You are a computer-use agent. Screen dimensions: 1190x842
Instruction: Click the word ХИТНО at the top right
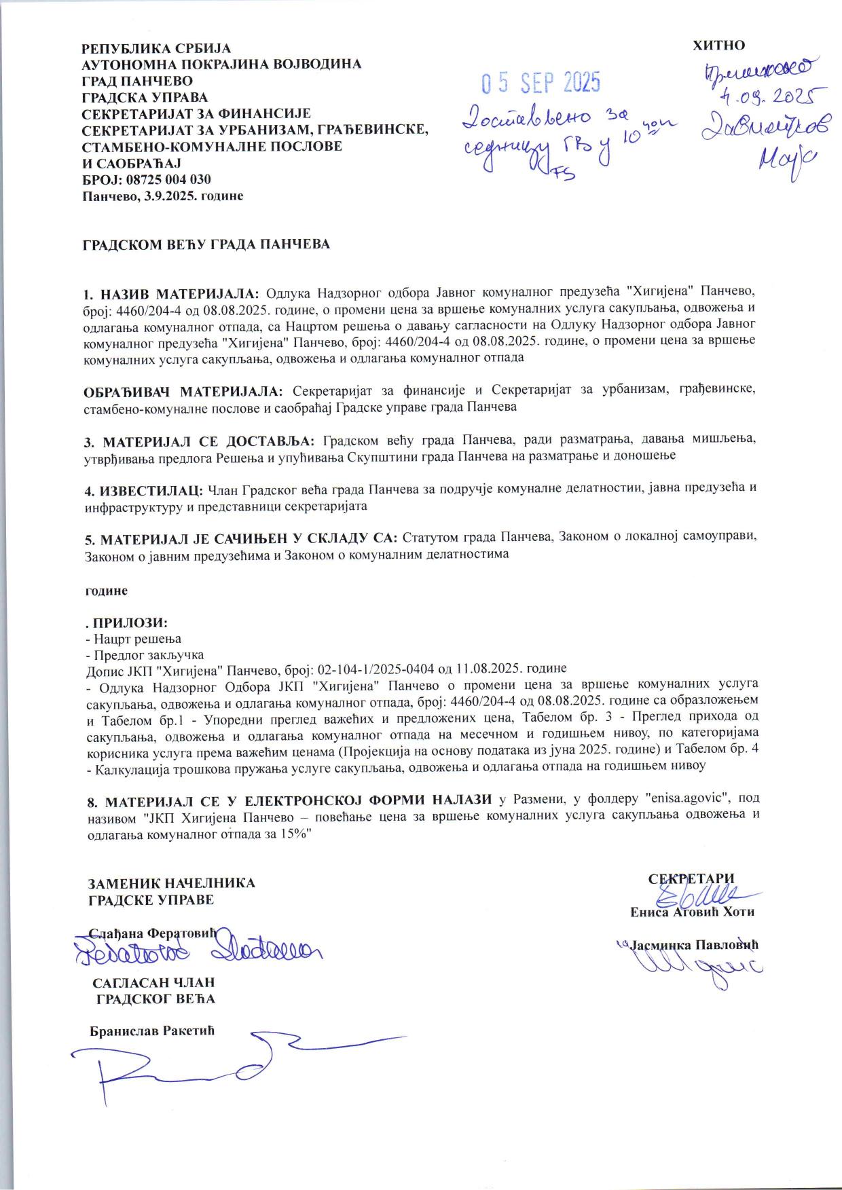(718, 45)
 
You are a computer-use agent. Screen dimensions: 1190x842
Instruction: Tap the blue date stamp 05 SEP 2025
(541, 83)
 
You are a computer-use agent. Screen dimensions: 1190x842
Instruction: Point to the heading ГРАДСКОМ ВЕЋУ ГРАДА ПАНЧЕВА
(206, 244)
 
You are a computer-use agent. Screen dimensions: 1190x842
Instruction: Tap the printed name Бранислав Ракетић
(152, 1031)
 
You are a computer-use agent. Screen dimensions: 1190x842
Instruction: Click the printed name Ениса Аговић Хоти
(692, 912)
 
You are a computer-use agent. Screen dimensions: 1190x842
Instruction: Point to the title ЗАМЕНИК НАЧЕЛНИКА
(172, 883)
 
